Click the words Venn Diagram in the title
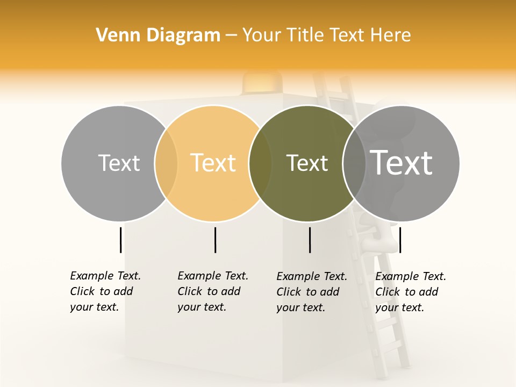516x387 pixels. [158, 35]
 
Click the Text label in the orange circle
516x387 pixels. [213, 163]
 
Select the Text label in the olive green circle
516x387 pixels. [307, 163]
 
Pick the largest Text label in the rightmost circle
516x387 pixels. [401, 163]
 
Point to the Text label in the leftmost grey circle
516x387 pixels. [119, 163]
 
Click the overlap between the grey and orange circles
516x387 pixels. [166, 163]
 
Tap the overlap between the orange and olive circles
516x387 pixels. [260, 163]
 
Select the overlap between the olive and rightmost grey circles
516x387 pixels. [354, 163]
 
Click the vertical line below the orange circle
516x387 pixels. [215, 240]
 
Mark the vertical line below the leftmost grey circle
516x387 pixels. [120, 240]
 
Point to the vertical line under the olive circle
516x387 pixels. [310, 240]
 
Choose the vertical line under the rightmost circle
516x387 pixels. [400, 240]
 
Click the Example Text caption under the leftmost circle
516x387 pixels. [105, 291]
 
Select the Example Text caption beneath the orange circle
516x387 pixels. [213, 291]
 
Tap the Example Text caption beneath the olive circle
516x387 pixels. [312, 292]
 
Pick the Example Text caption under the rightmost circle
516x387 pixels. [411, 292]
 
